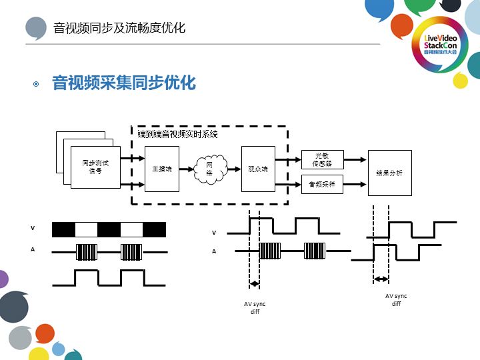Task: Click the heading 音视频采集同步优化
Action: click(124, 83)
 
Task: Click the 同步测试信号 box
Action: click(95, 167)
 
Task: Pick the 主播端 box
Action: click(162, 169)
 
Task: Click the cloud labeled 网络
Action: click(209, 169)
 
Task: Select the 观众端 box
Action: click(257, 169)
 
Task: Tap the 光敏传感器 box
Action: click(323, 159)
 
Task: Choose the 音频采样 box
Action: click(323, 184)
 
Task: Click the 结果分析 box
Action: click(389, 173)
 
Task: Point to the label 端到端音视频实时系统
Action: click(177, 134)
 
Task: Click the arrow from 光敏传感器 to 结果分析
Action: click(355, 160)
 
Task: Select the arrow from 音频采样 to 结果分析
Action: click(355, 184)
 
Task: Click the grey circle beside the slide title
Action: click(36, 28)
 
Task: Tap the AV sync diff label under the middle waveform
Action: click(255, 307)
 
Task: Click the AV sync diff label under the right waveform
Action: click(396, 299)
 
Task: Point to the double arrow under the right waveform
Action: click(381, 279)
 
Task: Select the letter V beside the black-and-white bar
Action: click(33, 228)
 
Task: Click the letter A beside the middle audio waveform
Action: click(214, 251)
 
